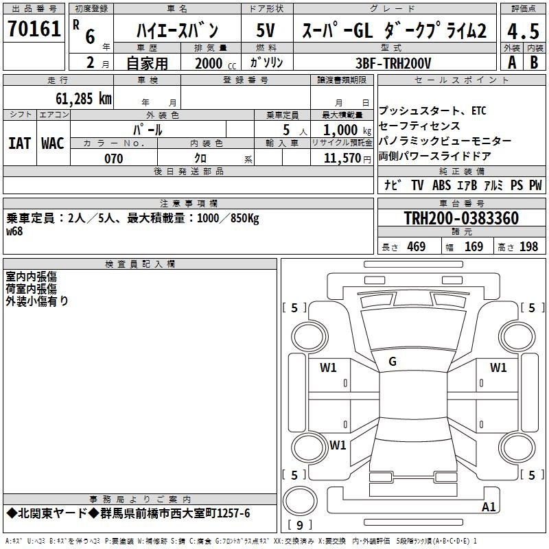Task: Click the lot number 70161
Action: [x=34, y=29]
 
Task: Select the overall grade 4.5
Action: [x=523, y=31]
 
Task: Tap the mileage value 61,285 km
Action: [x=84, y=99]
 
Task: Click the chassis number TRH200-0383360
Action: [x=461, y=218]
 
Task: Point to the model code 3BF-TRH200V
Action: [x=393, y=63]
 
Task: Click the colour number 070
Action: [x=114, y=159]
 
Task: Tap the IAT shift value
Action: [x=20, y=143]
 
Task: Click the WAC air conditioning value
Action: [x=53, y=143]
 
